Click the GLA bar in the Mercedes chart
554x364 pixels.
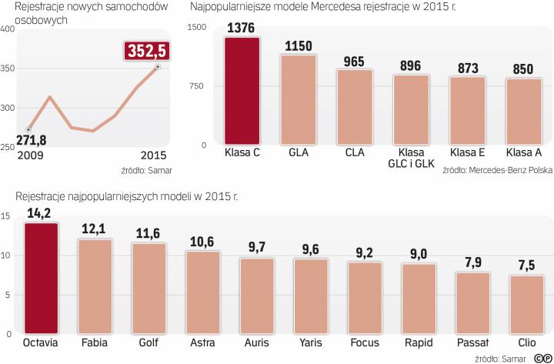(x=298, y=99)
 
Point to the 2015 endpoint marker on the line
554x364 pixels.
(x=157, y=68)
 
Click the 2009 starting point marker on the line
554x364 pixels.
(x=28, y=129)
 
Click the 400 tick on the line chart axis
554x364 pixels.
(x=9, y=29)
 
